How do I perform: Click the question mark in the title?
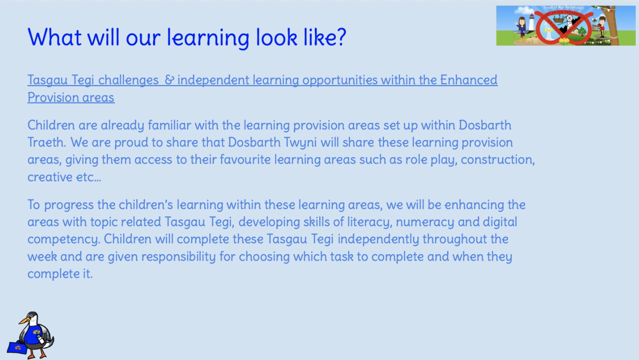(x=340, y=37)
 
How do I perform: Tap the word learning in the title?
(x=208, y=38)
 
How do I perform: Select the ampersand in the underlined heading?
(x=169, y=79)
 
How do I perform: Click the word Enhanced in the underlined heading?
(x=469, y=79)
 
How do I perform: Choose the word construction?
(x=498, y=159)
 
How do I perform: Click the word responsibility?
(x=179, y=257)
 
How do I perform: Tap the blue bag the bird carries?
(x=17, y=346)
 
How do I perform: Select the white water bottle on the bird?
(x=40, y=338)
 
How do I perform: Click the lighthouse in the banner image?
(x=531, y=22)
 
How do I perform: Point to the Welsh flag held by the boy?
(x=594, y=20)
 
